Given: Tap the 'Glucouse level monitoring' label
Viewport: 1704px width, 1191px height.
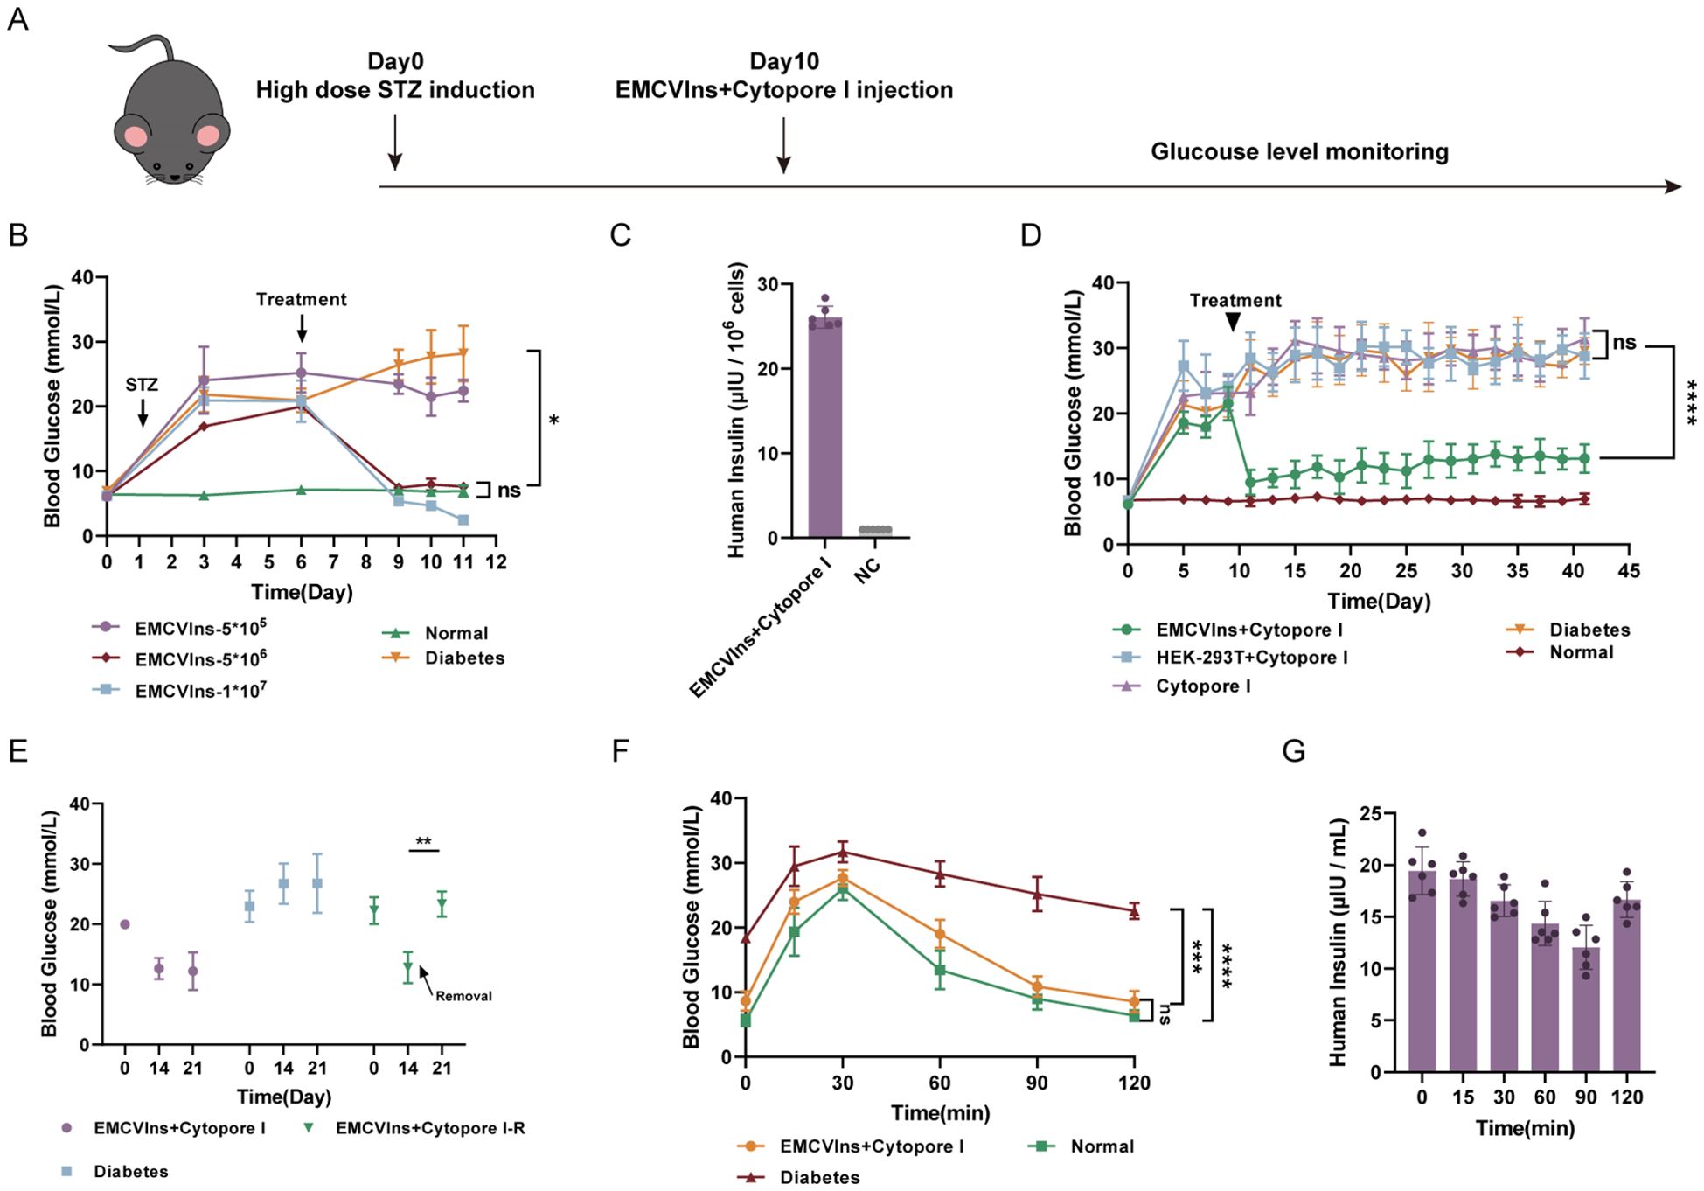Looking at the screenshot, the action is (1299, 152).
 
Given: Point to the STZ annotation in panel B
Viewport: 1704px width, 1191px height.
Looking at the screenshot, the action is (142, 385).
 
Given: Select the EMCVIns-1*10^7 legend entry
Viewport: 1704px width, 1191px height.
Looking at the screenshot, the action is (179, 690).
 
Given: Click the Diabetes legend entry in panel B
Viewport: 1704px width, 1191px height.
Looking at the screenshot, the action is (443, 658).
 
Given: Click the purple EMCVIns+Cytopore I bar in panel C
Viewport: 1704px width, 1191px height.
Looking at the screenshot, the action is (825, 428).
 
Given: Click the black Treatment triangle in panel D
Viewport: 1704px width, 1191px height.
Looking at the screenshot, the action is (1233, 323).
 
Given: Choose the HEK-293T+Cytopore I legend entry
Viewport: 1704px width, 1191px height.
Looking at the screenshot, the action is (1230, 658).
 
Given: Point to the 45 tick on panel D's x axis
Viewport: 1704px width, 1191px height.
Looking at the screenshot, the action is (1629, 571).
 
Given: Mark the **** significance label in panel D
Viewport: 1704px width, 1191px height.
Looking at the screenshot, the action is (1691, 402).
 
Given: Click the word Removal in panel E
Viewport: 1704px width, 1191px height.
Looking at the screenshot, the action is (463, 996).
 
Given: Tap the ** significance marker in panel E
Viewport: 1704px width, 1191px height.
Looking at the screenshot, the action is (423, 842).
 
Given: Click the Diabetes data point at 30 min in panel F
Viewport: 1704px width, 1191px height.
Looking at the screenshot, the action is (843, 852).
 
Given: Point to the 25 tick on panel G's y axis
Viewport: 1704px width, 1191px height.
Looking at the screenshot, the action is (1382, 815).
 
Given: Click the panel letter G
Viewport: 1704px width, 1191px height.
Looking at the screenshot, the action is (1293, 751).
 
